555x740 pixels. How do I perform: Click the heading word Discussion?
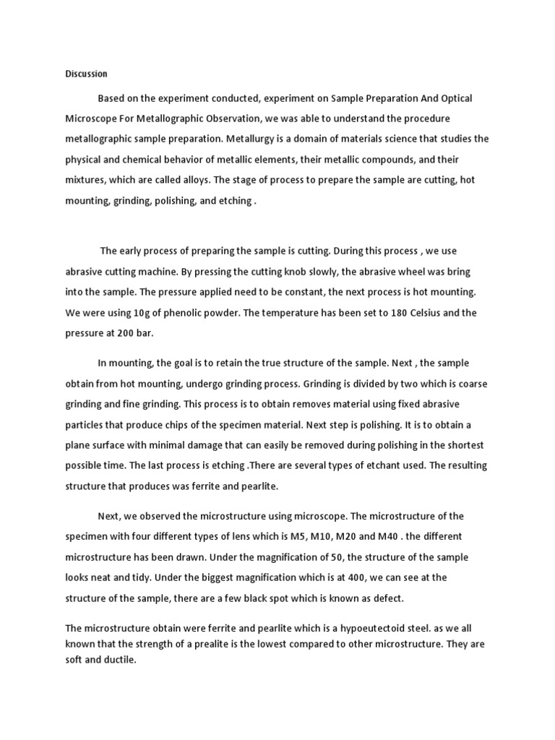pyautogui.click(x=86, y=74)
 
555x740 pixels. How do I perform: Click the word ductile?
pyautogui.click(x=119, y=660)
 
